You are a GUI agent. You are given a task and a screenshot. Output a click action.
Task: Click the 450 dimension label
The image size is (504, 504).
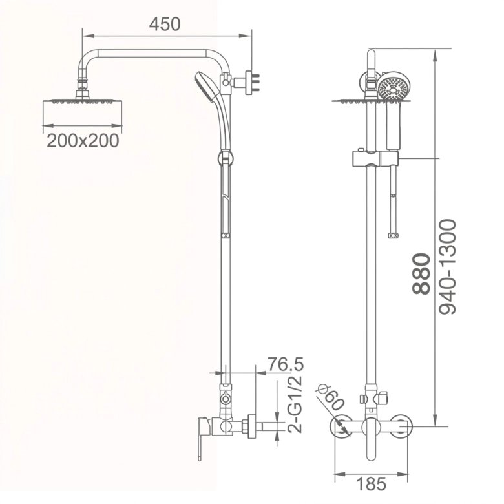[165, 24]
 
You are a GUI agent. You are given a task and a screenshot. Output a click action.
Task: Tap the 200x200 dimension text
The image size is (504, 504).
[83, 141]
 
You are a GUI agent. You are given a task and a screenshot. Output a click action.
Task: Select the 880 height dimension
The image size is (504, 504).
[421, 274]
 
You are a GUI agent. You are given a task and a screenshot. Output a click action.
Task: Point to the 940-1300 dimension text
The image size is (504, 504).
[447, 267]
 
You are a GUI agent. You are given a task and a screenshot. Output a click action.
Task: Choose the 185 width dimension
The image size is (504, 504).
[372, 484]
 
